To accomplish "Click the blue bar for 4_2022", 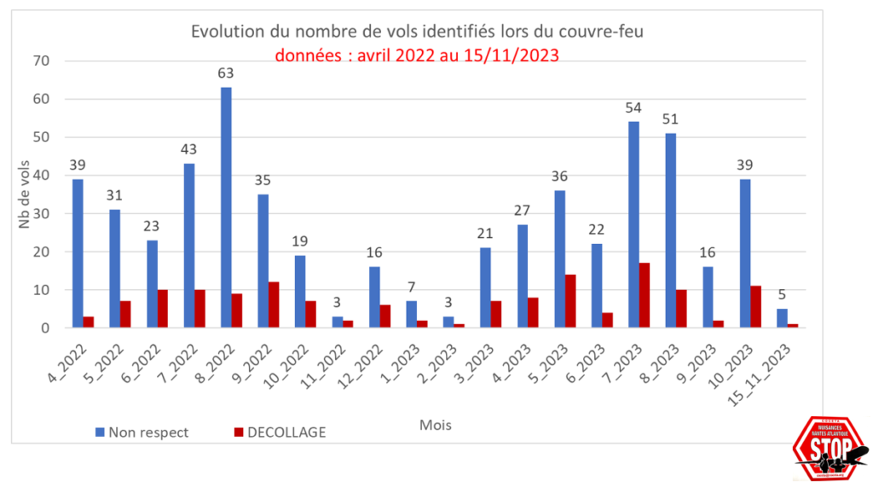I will tap(78, 253).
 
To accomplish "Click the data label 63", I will tap(226, 73).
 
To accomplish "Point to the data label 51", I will tap(670, 119).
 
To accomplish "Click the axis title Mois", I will tap(436, 424).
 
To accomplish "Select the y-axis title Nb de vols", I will tap(24, 194).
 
